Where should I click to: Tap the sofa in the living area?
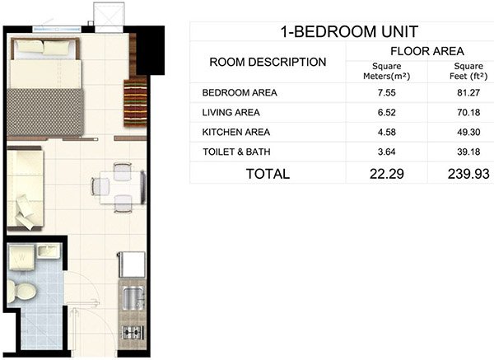click(x=26, y=188)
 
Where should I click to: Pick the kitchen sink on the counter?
click(x=130, y=297)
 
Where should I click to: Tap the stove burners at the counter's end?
click(x=130, y=332)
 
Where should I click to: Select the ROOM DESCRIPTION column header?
click(x=268, y=63)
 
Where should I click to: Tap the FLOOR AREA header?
click(x=420, y=51)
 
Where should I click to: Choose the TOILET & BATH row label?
click(x=236, y=152)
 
